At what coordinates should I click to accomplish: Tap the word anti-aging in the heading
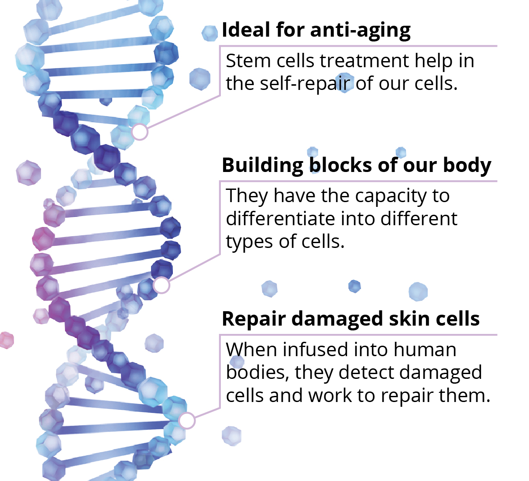click(x=360, y=31)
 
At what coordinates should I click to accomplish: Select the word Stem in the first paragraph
click(x=248, y=61)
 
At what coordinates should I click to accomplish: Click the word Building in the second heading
click(x=263, y=165)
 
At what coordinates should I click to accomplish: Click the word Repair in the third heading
click(x=254, y=319)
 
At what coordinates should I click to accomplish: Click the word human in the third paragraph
click(x=425, y=350)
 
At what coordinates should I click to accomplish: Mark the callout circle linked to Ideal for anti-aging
click(x=140, y=131)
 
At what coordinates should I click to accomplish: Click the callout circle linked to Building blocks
click(x=161, y=285)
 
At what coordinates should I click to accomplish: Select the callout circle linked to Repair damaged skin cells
click(x=187, y=420)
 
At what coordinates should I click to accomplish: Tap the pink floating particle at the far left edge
click(x=7, y=340)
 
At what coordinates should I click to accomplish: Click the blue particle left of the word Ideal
click(x=210, y=34)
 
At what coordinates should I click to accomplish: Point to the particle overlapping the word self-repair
click(x=344, y=83)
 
